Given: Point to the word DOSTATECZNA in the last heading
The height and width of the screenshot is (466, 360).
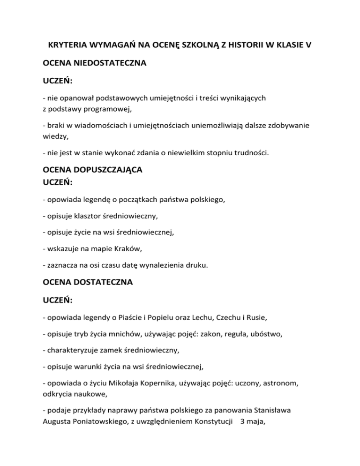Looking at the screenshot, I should [104, 283].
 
